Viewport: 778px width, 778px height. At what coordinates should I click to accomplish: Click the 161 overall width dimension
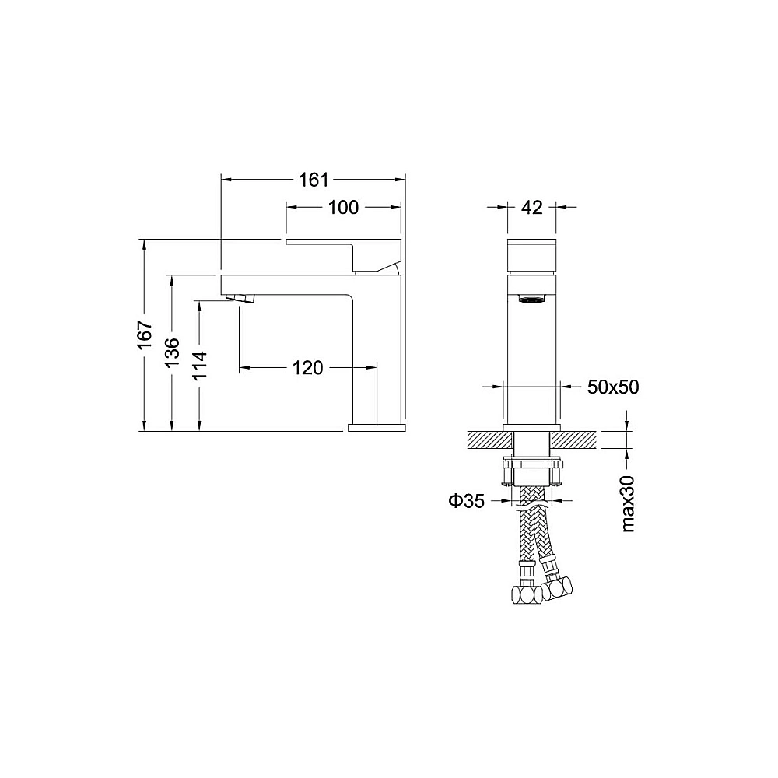click(x=314, y=180)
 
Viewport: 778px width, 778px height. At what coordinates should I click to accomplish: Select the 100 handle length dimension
click(x=343, y=207)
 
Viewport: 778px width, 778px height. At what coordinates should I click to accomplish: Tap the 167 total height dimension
click(x=145, y=334)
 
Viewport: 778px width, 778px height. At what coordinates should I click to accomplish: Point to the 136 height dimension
click(x=172, y=352)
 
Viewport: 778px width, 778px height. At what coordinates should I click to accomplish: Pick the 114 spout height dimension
click(x=199, y=365)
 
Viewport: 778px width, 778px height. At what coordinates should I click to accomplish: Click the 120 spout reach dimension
click(x=307, y=368)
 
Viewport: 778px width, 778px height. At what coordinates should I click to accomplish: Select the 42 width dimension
click(x=531, y=207)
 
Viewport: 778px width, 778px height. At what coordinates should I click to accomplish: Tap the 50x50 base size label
click(x=613, y=387)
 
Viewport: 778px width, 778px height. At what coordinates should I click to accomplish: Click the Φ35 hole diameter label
click(x=466, y=501)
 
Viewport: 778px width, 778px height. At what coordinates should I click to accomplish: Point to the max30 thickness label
click(x=628, y=503)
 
